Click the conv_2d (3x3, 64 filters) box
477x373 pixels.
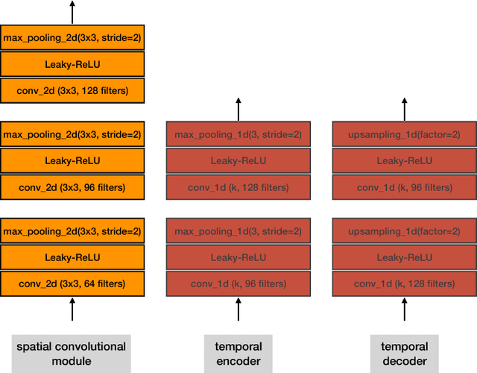tap(72, 283)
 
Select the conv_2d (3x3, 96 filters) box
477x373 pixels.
tap(72, 186)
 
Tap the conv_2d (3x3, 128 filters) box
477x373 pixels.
tap(72, 90)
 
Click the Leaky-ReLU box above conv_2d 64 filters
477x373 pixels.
tap(72, 257)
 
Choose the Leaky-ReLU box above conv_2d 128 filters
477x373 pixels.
tap(72, 64)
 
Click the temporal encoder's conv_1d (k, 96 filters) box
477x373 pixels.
tap(238, 283)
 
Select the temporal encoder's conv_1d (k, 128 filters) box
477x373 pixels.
tap(238, 186)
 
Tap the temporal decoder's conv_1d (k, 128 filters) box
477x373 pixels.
tap(404, 283)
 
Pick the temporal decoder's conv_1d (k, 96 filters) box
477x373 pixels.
tap(404, 186)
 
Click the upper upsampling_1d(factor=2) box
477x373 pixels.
tap(404, 135)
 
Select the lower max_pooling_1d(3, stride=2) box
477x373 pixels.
tap(238, 232)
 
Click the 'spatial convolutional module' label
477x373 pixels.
tap(72, 354)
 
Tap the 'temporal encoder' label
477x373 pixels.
tap(238, 354)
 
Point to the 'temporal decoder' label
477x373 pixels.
tap(404, 354)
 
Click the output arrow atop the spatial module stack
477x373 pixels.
tap(72, 11)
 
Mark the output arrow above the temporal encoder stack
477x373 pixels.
tap(238, 108)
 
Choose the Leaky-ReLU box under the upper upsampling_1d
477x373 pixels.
tap(404, 160)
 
